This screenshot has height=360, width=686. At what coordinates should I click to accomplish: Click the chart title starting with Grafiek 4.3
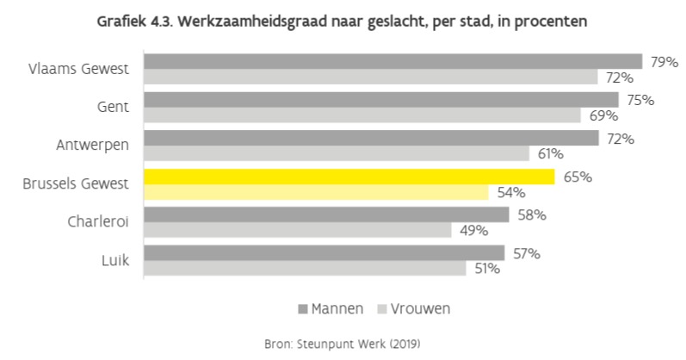pos(343,21)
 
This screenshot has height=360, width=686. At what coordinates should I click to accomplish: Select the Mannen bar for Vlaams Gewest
pos(392,61)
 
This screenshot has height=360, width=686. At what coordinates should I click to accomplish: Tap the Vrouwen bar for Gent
pos(362,115)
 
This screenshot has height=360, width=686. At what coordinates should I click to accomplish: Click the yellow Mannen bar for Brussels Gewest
pos(349,177)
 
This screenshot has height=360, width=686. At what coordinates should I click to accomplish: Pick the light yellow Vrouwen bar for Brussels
pos(316,192)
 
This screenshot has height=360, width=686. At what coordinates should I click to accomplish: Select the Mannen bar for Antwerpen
pos(371,138)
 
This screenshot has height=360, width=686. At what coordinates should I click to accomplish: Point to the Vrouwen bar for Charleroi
pos(297,230)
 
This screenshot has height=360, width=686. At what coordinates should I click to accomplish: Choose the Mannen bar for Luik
pos(324,252)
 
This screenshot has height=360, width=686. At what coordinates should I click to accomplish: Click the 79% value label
pos(663,62)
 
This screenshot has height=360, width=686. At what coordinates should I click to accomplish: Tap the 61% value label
pos(550,154)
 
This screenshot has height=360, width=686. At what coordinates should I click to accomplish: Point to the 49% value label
pos(473,230)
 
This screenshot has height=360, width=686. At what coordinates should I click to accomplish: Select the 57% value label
pos(526,253)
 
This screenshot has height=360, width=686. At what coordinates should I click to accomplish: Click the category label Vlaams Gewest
pos(79,69)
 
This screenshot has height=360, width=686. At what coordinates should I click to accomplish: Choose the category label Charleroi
pos(98,221)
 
